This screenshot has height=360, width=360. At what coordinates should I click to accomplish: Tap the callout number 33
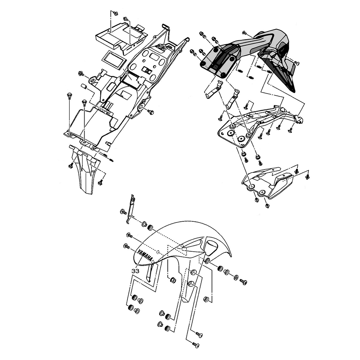click(135, 271)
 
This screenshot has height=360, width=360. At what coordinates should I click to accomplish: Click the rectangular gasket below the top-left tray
click(114, 60)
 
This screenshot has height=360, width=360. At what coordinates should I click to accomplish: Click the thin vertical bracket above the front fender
click(130, 209)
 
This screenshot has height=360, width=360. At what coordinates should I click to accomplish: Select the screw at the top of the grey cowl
click(244, 33)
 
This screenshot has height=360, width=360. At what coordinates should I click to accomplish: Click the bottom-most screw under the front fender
click(195, 345)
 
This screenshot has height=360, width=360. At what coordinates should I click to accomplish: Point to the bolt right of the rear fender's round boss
click(151, 112)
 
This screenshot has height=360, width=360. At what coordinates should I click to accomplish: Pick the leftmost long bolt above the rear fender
click(69, 96)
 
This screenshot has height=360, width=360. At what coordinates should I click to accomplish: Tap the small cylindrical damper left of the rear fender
click(84, 87)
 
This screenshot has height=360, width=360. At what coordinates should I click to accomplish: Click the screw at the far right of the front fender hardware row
click(243, 282)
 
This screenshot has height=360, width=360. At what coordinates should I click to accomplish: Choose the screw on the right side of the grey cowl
click(297, 62)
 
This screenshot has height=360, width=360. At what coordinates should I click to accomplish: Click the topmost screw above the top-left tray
click(116, 14)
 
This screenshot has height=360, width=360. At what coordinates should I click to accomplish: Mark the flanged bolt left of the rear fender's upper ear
click(81, 74)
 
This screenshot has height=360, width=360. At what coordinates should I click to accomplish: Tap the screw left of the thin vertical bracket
click(123, 212)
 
